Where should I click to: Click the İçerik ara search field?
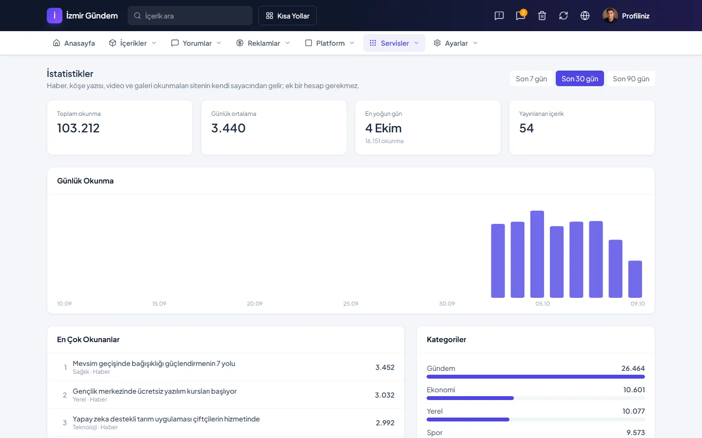(190, 16)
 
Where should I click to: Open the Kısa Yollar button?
(288, 16)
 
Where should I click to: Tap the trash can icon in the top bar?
(542, 16)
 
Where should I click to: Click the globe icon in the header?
(585, 16)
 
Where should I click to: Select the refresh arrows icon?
(564, 16)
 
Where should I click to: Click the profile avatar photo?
(610, 16)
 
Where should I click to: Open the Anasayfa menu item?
(74, 43)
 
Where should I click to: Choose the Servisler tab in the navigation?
(394, 43)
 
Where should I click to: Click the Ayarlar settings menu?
(456, 43)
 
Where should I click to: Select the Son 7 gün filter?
(531, 78)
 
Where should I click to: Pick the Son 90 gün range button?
(631, 78)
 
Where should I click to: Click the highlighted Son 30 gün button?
(580, 78)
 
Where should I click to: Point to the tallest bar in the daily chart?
(537, 254)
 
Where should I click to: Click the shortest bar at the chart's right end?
(635, 279)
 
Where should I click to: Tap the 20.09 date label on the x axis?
(254, 304)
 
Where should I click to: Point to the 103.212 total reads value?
(78, 128)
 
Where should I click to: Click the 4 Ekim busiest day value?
(383, 128)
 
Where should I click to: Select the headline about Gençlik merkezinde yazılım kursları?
(155, 391)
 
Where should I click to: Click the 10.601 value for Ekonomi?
(634, 390)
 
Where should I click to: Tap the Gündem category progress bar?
(536, 377)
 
